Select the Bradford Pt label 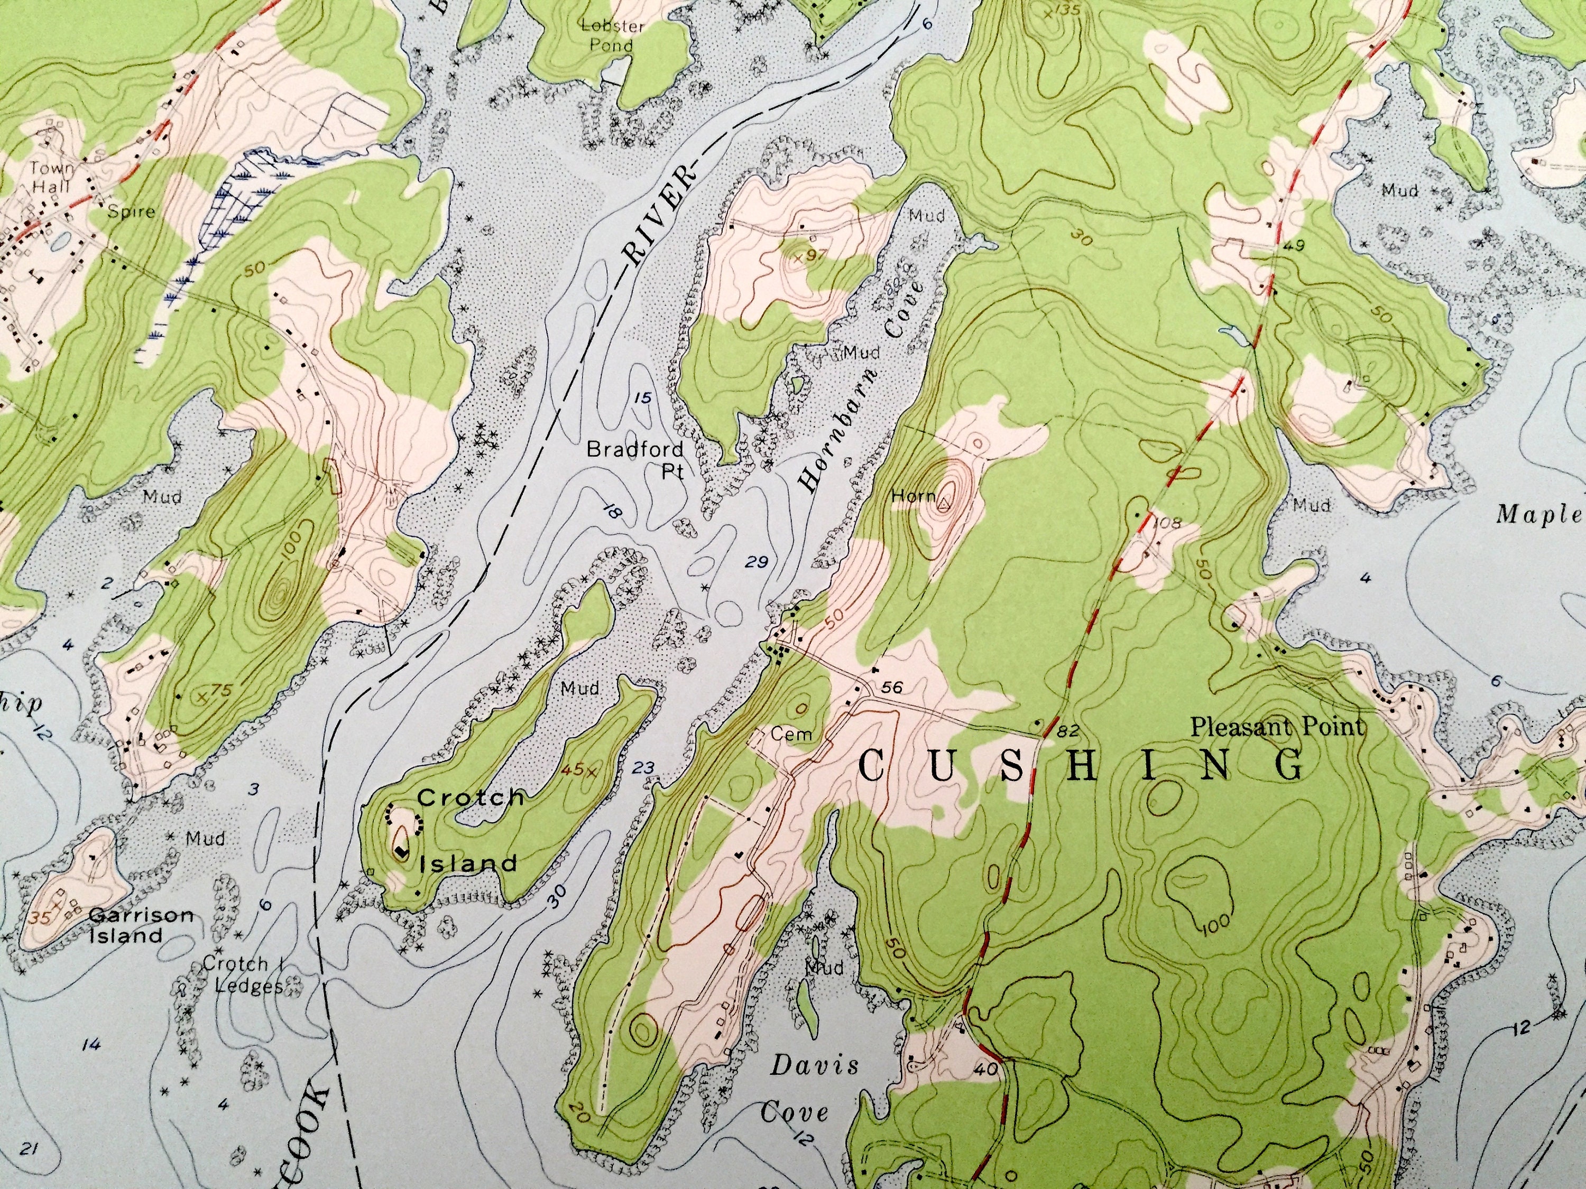pyautogui.click(x=635, y=459)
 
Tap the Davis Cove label pyautogui.click(x=803, y=1089)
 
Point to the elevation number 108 pyautogui.click(x=1167, y=523)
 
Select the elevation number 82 pyautogui.click(x=1067, y=730)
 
